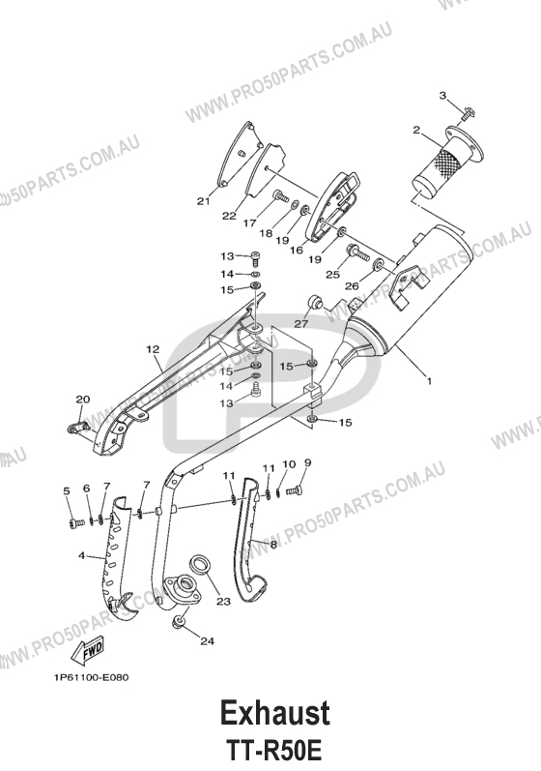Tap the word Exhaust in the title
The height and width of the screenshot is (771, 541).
(274, 713)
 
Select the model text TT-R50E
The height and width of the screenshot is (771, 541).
(274, 751)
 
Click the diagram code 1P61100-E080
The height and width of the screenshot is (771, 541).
(92, 677)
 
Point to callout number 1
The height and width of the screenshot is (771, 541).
(429, 380)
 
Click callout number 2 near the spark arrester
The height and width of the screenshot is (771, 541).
(416, 130)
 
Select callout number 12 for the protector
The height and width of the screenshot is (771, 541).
(153, 349)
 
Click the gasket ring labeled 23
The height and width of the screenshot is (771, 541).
(200, 564)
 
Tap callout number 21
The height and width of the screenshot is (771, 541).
(203, 200)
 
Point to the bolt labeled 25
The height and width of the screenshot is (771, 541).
(357, 252)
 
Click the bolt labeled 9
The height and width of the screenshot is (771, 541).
(296, 489)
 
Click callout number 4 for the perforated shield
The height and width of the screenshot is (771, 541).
(81, 555)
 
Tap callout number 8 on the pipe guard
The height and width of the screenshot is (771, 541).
(273, 544)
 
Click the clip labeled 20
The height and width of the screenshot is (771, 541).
(76, 427)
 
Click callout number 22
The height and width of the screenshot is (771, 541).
(229, 216)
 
